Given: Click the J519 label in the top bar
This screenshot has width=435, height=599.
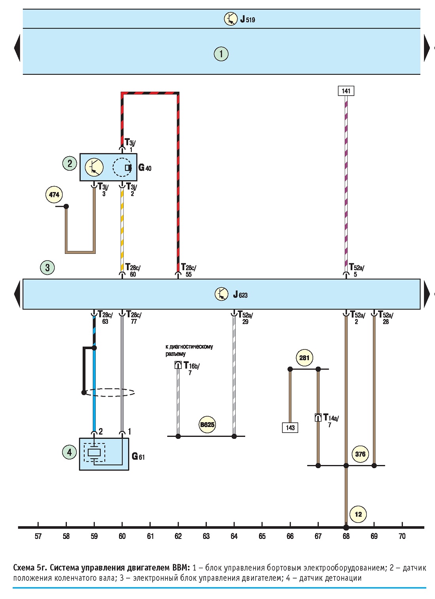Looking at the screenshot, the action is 248,19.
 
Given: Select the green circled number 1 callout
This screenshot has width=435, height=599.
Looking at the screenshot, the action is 221,54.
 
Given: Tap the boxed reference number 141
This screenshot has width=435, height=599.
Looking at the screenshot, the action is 346,91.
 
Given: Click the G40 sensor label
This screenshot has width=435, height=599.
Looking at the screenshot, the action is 145,168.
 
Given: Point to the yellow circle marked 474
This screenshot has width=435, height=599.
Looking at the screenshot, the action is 54,195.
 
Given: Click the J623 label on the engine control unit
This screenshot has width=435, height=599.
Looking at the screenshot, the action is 240,295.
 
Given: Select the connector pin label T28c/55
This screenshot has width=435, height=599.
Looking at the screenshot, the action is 189,270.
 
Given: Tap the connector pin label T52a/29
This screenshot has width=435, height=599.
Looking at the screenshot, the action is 245,317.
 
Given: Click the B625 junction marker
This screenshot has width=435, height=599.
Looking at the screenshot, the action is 207,424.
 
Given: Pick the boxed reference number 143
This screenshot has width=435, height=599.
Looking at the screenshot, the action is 290,427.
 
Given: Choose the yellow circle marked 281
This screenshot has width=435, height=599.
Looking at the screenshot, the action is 304,357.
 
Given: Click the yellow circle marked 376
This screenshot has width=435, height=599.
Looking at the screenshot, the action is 360,454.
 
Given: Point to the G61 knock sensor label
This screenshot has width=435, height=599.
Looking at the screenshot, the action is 138,456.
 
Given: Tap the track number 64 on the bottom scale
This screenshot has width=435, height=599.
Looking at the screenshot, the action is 234,542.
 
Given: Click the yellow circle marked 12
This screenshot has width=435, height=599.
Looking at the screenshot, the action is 358,514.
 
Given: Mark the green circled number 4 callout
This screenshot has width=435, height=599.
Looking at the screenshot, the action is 69,452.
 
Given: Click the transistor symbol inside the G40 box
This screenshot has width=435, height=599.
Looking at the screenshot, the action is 94,167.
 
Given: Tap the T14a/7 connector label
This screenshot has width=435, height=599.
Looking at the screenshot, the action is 331,421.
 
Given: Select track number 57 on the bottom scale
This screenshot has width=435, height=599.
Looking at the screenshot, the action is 38,542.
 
